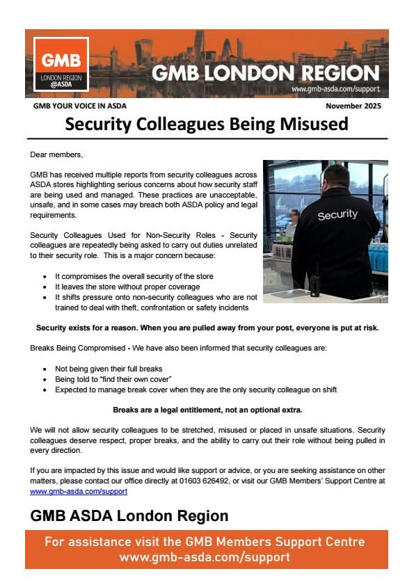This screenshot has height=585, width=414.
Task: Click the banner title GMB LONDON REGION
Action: pyautogui.click(x=265, y=73)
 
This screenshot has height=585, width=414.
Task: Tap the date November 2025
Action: pyautogui.click(x=353, y=106)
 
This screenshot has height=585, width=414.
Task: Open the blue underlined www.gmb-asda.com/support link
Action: pyautogui.click(x=79, y=490)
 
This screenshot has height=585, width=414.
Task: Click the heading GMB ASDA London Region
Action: pyautogui.click(x=129, y=516)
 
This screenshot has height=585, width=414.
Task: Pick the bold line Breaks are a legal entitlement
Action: pyautogui.click(x=207, y=410)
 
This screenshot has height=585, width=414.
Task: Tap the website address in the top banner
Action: pyautogui.click(x=335, y=89)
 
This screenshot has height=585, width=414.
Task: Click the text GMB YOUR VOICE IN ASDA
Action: pyautogui.click(x=80, y=106)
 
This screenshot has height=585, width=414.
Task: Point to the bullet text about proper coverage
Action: pyautogui.click(x=127, y=287)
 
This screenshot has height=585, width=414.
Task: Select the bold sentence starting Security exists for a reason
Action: pyautogui.click(x=207, y=328)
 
